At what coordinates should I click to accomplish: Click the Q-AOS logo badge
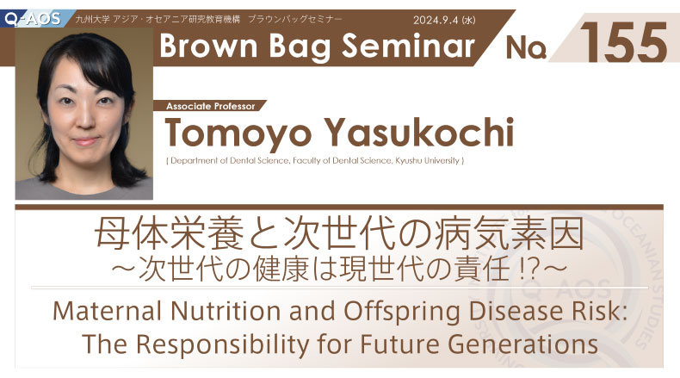(33, 19)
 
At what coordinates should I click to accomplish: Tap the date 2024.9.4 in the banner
(436, 20)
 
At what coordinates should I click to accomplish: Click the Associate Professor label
(211, 106)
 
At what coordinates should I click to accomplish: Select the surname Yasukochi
(420, 132)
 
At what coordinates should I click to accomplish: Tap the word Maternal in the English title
(108, 311)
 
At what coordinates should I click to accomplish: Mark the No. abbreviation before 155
(526, 47)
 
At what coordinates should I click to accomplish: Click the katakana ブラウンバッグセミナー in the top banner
(295, 20)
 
